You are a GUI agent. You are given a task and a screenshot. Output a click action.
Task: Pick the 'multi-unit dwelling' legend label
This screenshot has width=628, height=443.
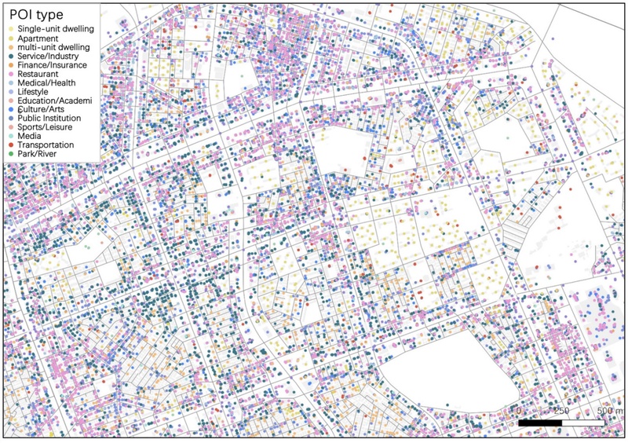tap(53, 48)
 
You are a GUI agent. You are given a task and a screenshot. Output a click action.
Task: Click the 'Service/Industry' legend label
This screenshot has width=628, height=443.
tap(49, 58)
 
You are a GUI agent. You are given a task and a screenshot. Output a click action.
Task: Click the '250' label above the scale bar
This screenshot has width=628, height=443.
tap(561, 411)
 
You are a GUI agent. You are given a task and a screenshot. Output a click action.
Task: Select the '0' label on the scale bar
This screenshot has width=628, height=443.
tap(520, 411)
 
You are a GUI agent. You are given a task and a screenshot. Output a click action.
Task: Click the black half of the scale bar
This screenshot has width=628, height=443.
tap(540, 423)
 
